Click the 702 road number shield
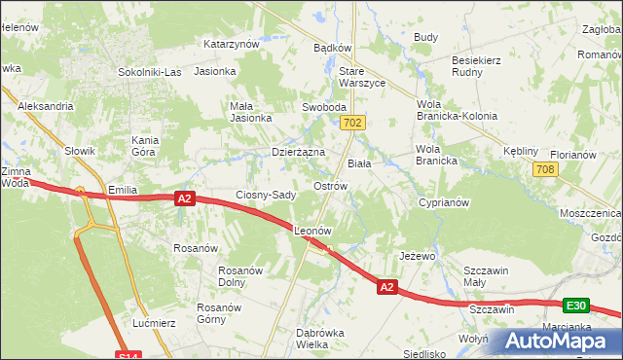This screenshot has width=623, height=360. pos(353,123)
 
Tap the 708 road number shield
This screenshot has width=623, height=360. pos(545,170)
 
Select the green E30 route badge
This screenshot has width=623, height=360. pos(576,306)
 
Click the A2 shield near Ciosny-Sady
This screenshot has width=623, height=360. pos(186,198)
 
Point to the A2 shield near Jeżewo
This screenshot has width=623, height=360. pos(387,287)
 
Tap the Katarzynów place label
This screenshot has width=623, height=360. pos(231,44)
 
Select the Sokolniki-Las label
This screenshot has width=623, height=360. pos(150,72)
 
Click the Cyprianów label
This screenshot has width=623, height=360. pos(444,203)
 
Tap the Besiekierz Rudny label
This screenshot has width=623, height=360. pos(475,66)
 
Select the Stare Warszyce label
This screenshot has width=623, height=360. pos(362,77)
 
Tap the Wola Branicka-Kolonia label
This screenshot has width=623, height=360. pos(457,109)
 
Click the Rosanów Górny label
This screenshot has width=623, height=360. pos(218,313)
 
